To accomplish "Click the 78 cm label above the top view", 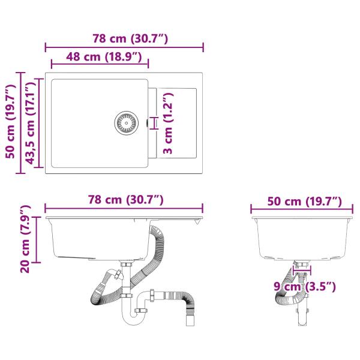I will click(x=124, y=39).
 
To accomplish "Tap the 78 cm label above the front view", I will click(x=124, y=200).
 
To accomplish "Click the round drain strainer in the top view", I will click(x=126, y=122).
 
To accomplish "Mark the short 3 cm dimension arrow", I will click(x=157, y=123).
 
